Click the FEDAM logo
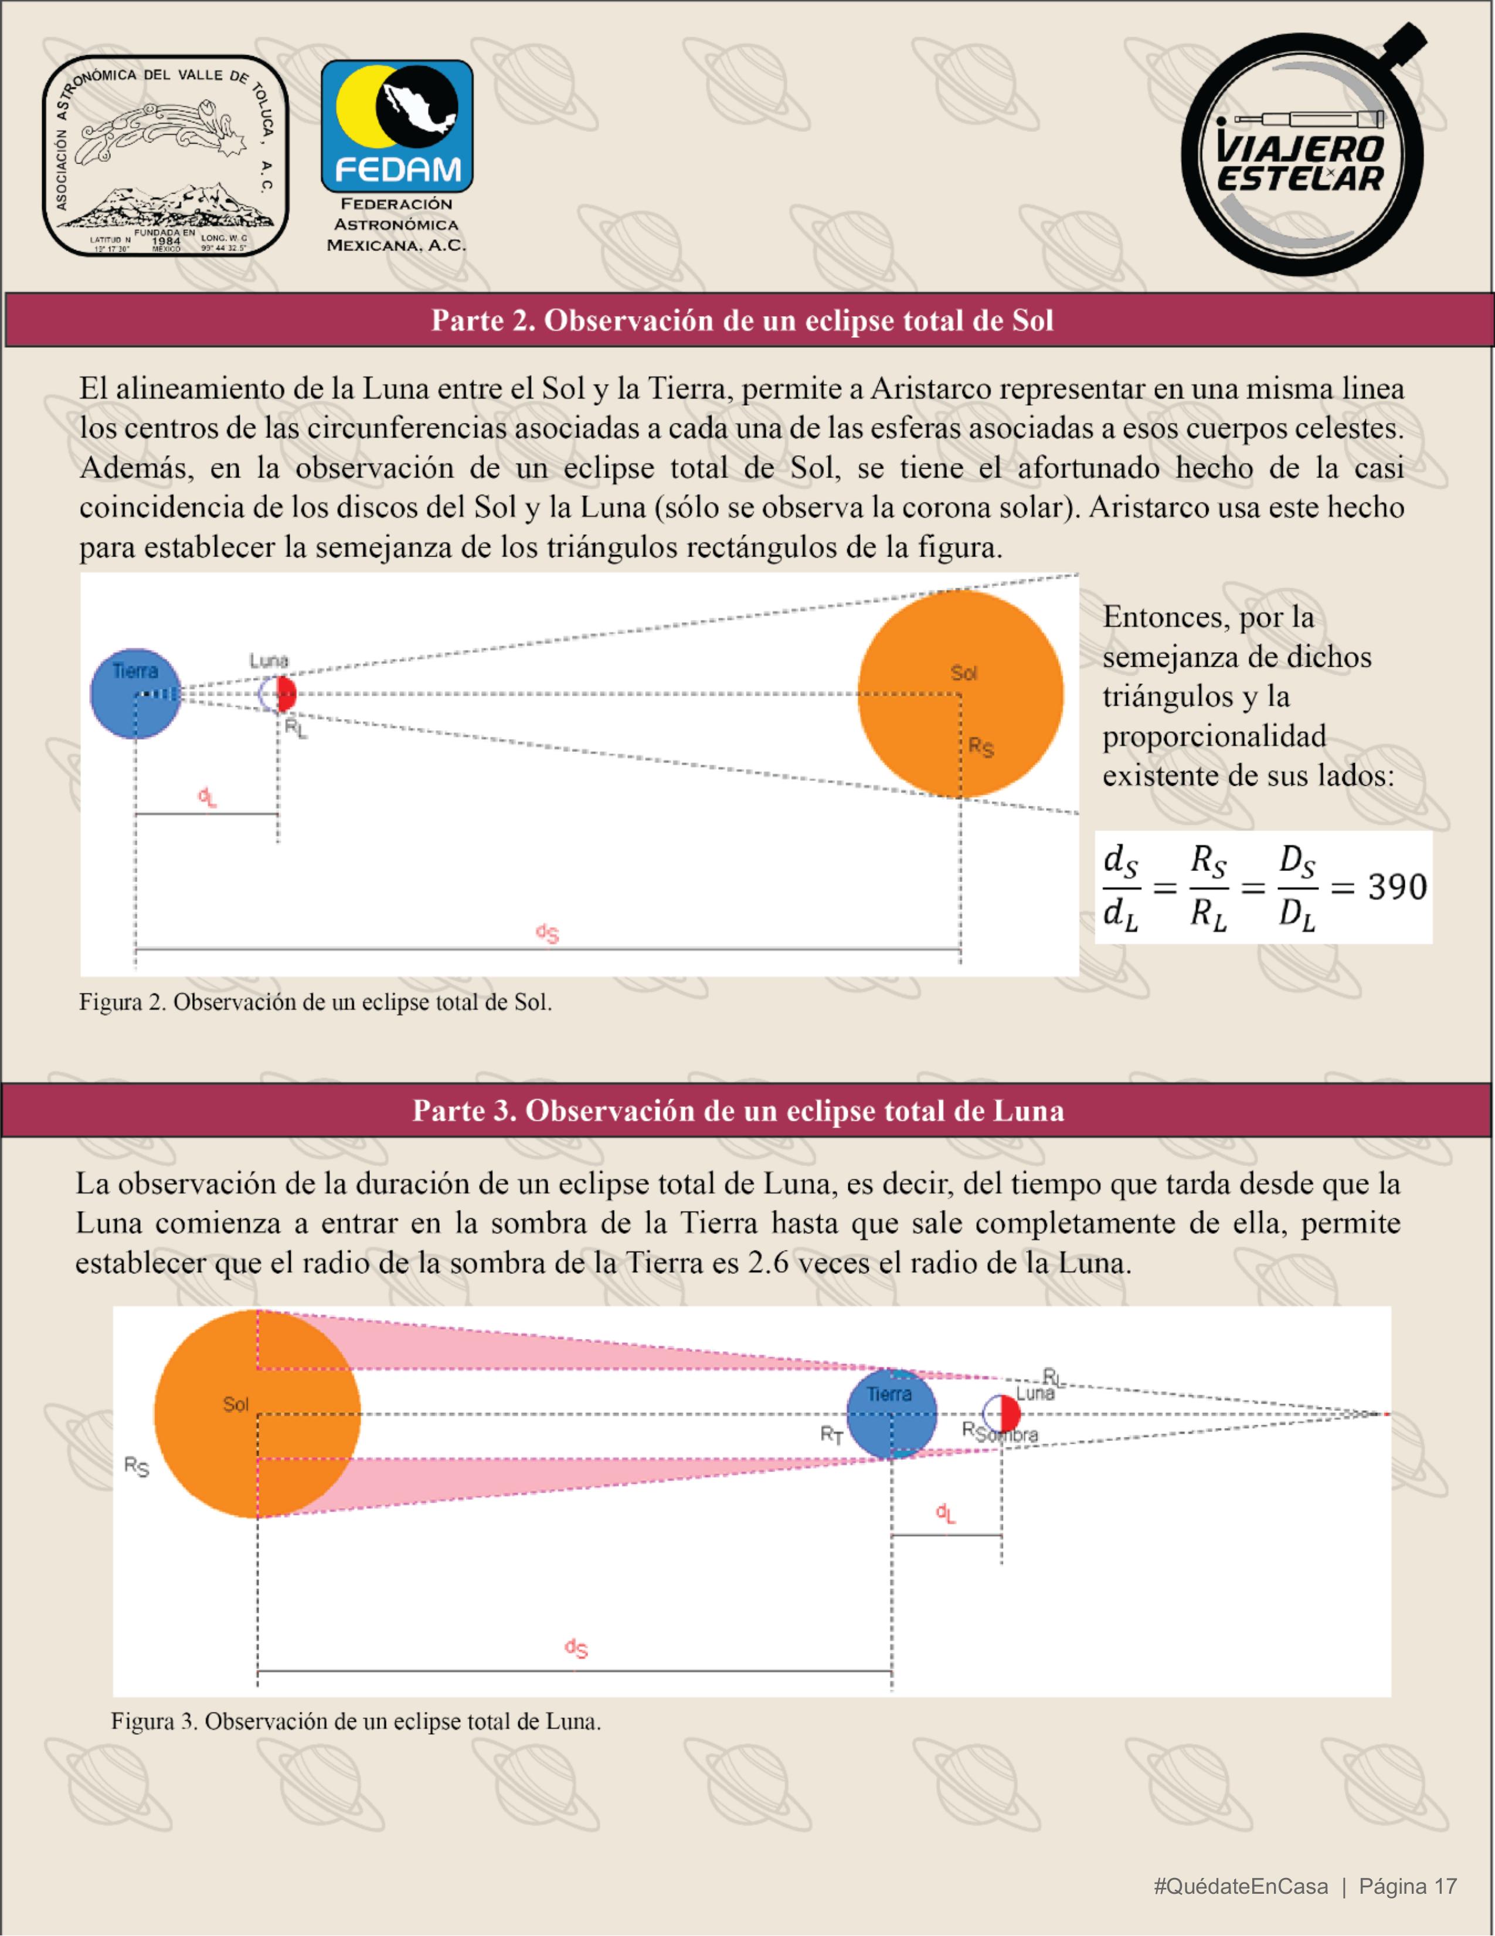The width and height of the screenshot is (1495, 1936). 396,127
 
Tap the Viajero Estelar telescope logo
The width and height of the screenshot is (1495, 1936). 1301,151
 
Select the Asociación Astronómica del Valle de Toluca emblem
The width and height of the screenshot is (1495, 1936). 166,156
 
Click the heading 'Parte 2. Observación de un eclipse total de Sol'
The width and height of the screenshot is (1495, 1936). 742,320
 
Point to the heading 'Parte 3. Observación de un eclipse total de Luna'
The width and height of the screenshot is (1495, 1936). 738,1111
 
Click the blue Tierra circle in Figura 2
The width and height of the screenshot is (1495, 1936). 135,694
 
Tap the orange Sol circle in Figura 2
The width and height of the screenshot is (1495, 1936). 960,694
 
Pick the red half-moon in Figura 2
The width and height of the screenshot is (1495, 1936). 286,694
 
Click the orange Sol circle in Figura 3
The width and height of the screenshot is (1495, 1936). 257,1414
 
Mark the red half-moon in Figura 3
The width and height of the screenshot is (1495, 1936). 1010,1412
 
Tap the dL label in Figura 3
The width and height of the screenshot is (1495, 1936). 946,1513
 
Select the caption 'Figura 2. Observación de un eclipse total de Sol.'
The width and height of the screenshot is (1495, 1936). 315,1002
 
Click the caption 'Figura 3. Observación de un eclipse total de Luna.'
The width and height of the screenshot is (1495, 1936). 356,1721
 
